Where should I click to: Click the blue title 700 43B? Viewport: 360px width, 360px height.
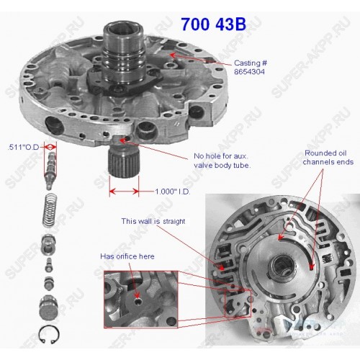click(213, 24)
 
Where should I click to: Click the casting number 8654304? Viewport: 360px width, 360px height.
click(249, 72)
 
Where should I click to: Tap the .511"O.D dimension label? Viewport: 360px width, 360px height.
click(23, 147)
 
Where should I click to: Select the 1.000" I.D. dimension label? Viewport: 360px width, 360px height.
click(172, 192)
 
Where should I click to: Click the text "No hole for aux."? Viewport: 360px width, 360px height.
click(221, 156)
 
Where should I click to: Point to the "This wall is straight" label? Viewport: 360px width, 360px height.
click(153, 221)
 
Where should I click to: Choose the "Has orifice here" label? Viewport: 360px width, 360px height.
click(127, 256)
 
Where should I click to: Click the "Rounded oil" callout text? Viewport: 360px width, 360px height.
click(325, 153)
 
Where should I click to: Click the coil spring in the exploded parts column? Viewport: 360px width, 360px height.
click(50, 210)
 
